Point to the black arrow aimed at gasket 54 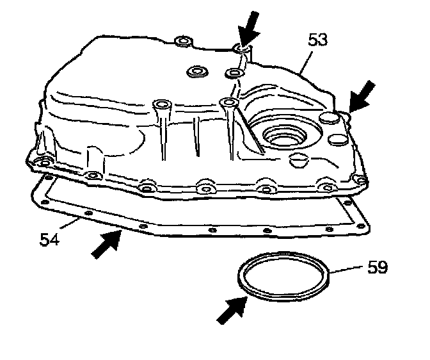coord(106,244)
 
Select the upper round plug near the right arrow coord(328,119)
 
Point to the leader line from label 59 coord(349,271)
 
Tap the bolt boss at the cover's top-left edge coord(182,42)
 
